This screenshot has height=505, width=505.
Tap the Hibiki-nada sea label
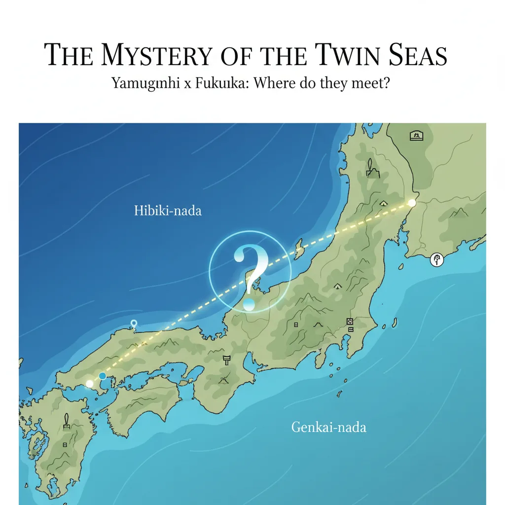(168, 211)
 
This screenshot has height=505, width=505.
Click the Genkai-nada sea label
(328, 427)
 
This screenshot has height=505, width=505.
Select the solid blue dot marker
(103, 376)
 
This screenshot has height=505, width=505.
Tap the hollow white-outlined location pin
(133, 324)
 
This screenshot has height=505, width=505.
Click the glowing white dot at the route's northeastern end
(412, 202)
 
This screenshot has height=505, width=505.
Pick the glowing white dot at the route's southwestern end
(90, 383)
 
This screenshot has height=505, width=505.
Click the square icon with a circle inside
(350, 321)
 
